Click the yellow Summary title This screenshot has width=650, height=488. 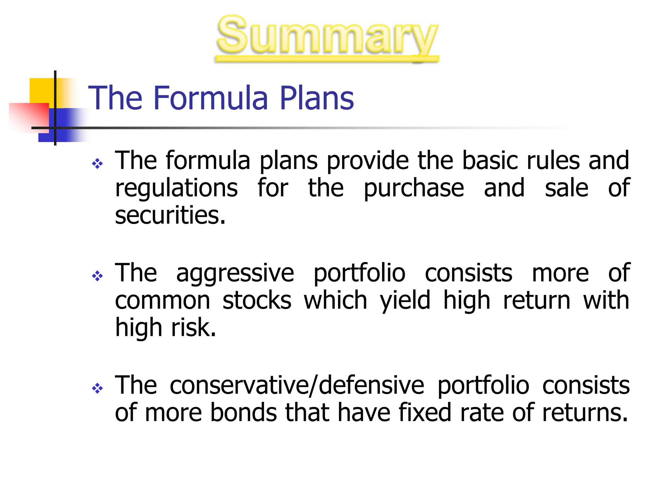pyautogui.click(x=327, y=36)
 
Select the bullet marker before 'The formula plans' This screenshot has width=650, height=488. pyautogui.click(x=97, y=164)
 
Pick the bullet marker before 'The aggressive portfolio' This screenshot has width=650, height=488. pyautogui.click(x=97, y=276)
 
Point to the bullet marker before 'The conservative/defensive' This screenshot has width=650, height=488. pyautogui.click(x=97, y=388)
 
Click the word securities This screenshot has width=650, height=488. pyautogui.click(x=170, y=215)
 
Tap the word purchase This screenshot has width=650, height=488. pyautogui.click(x=414, y=188)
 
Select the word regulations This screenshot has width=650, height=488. pyautogui.click(x=176, y=188)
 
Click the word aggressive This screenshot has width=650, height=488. pyautogui.click(x=235, y=273)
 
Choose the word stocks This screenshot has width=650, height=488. pyautogui.click(x=257, y=300)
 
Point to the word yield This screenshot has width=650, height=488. pyautogui.click(x=405, y=300)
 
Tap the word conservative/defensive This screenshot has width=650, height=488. pyautogui.click(x=297, y=385)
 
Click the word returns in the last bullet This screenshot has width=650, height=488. pyautogui.click(x=585, y=412)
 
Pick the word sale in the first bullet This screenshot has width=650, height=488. pyautogui.click(x=567, y=188)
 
